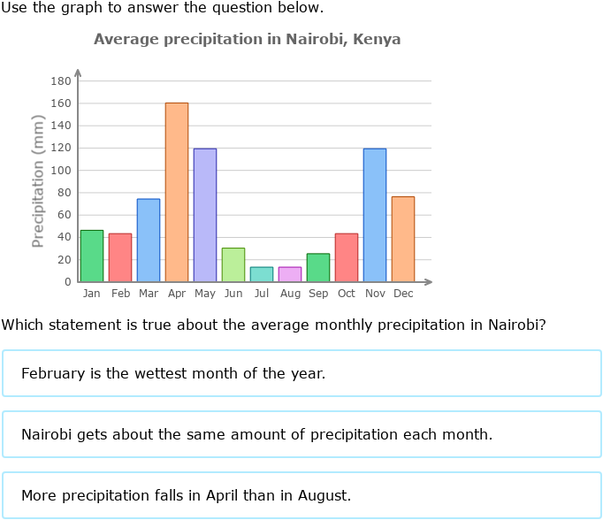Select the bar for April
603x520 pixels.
pyautogui.click(x=177, y=192)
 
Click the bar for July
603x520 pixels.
pyautogui.click(x=262, y=274)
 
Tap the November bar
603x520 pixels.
pyautogui.click(x=375, y=215)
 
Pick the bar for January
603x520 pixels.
pyautogui.click(x=92, y=256)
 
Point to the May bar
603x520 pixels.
pyautogui.click(x=205, y=215)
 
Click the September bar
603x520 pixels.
pyautogui.click(x=318, y=268)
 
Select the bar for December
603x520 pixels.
pyautogui.click(x=403, y=239)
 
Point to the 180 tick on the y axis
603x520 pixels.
pyautogui.click(x=61, y=81)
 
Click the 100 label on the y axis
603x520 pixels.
pyautogui.click(x=61, y=171)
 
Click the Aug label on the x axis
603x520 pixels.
pyautogui.click(x=290, y=294)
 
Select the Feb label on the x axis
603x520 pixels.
pyautogui.click(x=120, y=294)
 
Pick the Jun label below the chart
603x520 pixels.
pyautogui.click(x=233, y=294)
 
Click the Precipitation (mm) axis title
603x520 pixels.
pyautogui.click(x=38, y=181)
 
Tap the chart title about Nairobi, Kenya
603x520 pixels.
pyautogui.click(x=248, y=40)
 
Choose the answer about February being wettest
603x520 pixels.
pyautogui.click(x=301, y=373)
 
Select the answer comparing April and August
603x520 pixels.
pyautogui.click(x=301, y=495)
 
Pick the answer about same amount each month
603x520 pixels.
pyautogui.click(x=301, y=434)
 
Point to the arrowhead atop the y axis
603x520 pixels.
pyautogui.click(x=78, y=72)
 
